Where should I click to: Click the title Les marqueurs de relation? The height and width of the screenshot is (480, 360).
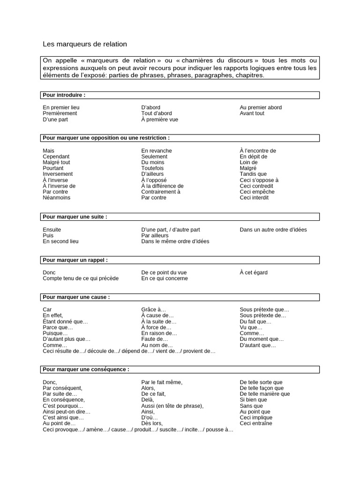click(85, 44)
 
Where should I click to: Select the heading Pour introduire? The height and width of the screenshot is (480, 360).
click(64, 95)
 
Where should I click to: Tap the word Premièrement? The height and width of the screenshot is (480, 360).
click(60, 113)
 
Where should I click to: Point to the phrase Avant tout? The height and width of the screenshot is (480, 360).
click(252, 113)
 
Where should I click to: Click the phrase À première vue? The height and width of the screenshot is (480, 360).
click(160, 120)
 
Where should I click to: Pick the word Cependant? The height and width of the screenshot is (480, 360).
click(56, 157)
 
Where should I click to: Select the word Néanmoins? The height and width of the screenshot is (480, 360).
click(57, 198)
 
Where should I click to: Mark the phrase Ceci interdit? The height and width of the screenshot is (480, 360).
click(255, 198)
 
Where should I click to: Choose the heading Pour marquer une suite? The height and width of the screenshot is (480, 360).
click(75, 217)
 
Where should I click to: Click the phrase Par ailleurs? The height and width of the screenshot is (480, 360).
click(155, 236)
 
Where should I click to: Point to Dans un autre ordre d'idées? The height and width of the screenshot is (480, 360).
click(273, 230)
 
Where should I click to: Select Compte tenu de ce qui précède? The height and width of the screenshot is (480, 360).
click(81, 278)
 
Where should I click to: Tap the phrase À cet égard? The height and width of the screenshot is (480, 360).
click(254, 272)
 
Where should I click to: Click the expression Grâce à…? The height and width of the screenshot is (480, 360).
click(154, 310)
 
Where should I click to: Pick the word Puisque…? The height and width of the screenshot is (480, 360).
click(56, 333)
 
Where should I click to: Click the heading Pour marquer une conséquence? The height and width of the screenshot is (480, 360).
click(86, 369)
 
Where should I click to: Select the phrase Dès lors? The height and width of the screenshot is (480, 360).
click(152, 424)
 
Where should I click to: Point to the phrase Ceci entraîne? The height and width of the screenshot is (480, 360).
click(256, 424)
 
